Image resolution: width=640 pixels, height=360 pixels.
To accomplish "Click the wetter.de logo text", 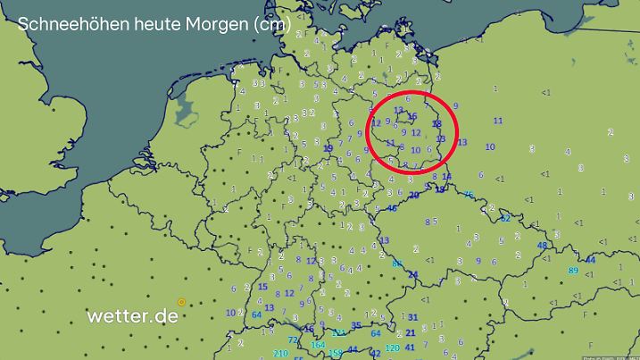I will (x=132, y=315).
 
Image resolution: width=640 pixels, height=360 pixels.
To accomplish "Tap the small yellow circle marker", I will (x=182, y=303).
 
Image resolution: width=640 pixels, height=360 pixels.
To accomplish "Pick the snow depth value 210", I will (x=280, y=354).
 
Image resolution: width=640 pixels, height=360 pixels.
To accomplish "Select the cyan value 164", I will (x=318, y=345).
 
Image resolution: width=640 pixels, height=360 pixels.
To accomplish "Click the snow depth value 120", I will (x=392, y=347).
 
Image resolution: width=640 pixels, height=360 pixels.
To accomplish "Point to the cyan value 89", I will (x=573, y=271).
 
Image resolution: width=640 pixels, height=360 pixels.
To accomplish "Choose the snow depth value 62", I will (x=505, y=218).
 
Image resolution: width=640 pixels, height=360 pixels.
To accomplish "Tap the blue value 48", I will (x=542, y=247).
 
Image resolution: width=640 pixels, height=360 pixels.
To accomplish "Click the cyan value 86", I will (x=398, y=264).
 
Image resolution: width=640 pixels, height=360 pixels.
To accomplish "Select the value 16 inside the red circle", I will (x=411, y=116).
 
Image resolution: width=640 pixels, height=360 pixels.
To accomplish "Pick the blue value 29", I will (x=413, y=195).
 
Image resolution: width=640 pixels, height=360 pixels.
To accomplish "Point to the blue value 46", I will (x=393, y=208).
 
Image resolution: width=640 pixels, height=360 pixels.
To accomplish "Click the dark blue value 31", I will (x=412, y=317).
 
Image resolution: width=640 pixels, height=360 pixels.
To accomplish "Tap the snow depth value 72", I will (x=293, y=340).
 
